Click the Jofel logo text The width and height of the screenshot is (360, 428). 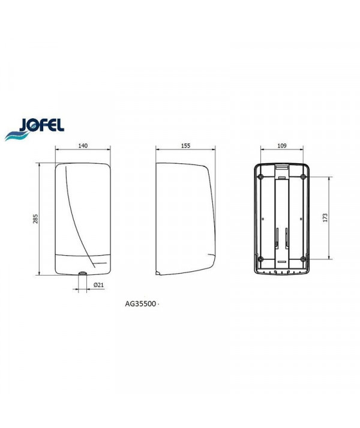click(x=41, y=125)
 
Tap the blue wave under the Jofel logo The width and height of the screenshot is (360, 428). click(x=16, y=136)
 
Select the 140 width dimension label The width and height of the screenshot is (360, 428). click(x=83, y=146)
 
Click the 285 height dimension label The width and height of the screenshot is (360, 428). click(x=36, y=219)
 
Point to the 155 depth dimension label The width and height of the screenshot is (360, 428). click(x=185, y=146)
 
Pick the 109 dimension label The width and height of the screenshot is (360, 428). click(x=281, y=146)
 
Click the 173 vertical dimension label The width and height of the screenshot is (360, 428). click(x=325, y=217)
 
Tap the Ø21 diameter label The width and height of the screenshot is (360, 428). click(x=98, y=285)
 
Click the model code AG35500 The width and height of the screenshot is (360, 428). click(x=140, y=304)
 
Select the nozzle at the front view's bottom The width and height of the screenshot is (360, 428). click(x=82, y=273)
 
